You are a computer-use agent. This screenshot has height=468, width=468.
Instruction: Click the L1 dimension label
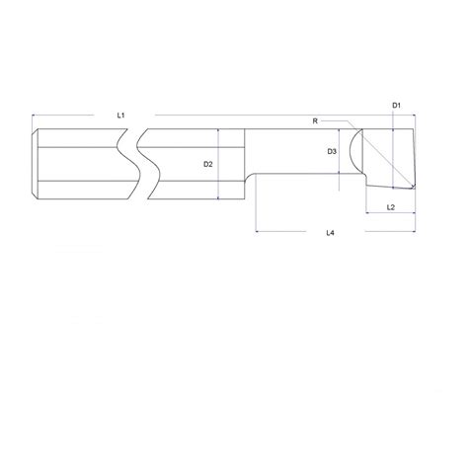[119, 116]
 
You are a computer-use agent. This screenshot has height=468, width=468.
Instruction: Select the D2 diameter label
[208, 164]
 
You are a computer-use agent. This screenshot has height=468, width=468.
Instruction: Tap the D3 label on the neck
[333, 151]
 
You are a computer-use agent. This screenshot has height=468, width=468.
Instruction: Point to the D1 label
[395, 104]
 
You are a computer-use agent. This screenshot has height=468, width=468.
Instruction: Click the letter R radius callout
[315, 120]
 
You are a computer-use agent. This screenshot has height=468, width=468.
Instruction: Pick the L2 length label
[391, 207]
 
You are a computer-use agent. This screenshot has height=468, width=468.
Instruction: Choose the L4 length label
[330, 233]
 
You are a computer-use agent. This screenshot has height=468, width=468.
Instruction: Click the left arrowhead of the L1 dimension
[36, 116]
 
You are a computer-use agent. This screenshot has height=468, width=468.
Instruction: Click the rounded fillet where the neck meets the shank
[253, 180]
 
